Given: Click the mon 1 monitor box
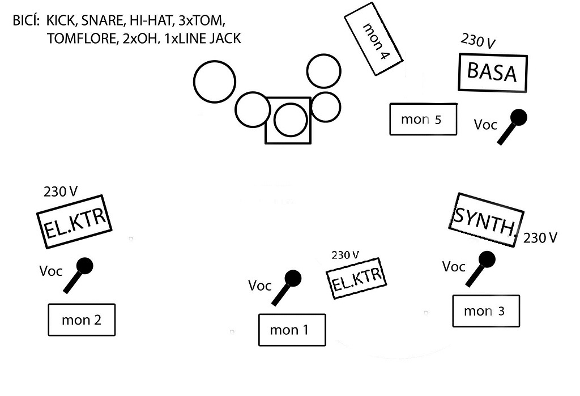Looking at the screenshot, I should pos(292,329).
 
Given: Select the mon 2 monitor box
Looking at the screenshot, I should pos(82,320).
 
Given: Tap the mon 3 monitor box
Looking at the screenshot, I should pos(485,310).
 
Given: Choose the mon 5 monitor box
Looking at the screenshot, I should pos(423,119).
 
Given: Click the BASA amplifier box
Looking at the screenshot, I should pos(492,73).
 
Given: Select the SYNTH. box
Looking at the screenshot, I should pos(485,220).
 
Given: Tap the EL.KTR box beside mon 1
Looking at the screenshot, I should pos(355,278).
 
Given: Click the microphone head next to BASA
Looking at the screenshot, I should pos(518,117).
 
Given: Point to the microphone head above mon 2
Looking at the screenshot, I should pos(84,265).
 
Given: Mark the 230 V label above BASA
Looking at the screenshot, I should pos(478,41).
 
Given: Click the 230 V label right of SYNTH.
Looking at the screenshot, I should pos(540,238).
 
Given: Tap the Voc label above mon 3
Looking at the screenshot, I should pos(453,266).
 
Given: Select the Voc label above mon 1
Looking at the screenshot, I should pos(259,286).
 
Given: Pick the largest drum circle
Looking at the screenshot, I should pos(214,82).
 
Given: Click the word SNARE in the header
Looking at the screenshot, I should pos(101,21).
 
